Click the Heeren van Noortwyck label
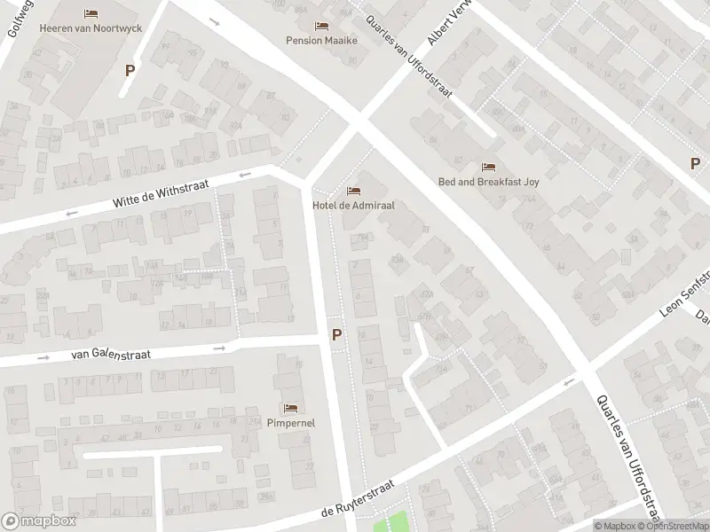[x=91, y=28]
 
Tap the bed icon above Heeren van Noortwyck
[x=91, y=13]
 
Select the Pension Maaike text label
[x=320, y=40]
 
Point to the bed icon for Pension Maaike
[x=320, y=25]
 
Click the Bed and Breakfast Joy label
[x=488, y=182]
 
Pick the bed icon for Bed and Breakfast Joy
[x=488, y=167]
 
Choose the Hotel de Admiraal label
[x=353, y=205]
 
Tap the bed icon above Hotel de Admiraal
[x=353, y=191]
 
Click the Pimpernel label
[x=290, y=423]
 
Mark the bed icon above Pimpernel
[x=290, y=408]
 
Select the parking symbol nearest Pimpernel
[x=336, y=335]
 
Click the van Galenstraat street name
[x=111, y=354]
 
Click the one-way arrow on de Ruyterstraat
[x=569, y=382]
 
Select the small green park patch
[x=392, y=522]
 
